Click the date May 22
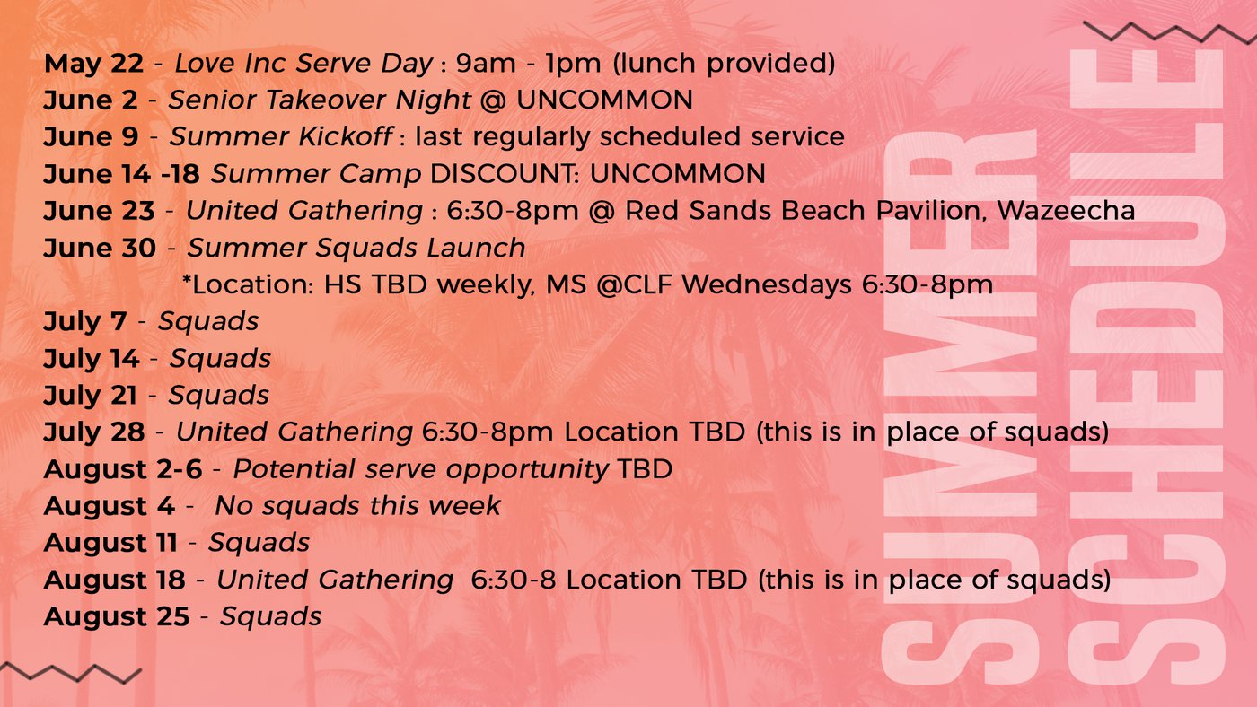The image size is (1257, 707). (93, 63)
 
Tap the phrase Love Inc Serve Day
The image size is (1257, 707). (303, 63)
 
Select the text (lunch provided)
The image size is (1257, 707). (724, 63)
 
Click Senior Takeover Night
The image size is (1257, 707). (320, 100)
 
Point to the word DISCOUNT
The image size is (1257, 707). (505, 174)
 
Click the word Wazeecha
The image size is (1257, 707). (1066, 211)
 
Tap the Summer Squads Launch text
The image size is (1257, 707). (356, 248)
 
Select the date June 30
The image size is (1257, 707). (100, 248)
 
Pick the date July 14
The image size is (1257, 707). (92, 358)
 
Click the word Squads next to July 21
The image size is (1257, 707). (219, 396)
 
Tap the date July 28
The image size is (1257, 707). (94, 432)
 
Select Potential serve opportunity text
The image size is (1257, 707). (420, 469)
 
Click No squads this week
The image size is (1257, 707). (357, 506)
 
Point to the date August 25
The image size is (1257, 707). (117, 616)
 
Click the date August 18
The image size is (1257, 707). (115, 580)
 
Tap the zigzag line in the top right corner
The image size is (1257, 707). (1170, 32)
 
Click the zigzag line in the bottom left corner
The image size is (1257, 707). (70, 673)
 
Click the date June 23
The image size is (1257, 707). (99, 211)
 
